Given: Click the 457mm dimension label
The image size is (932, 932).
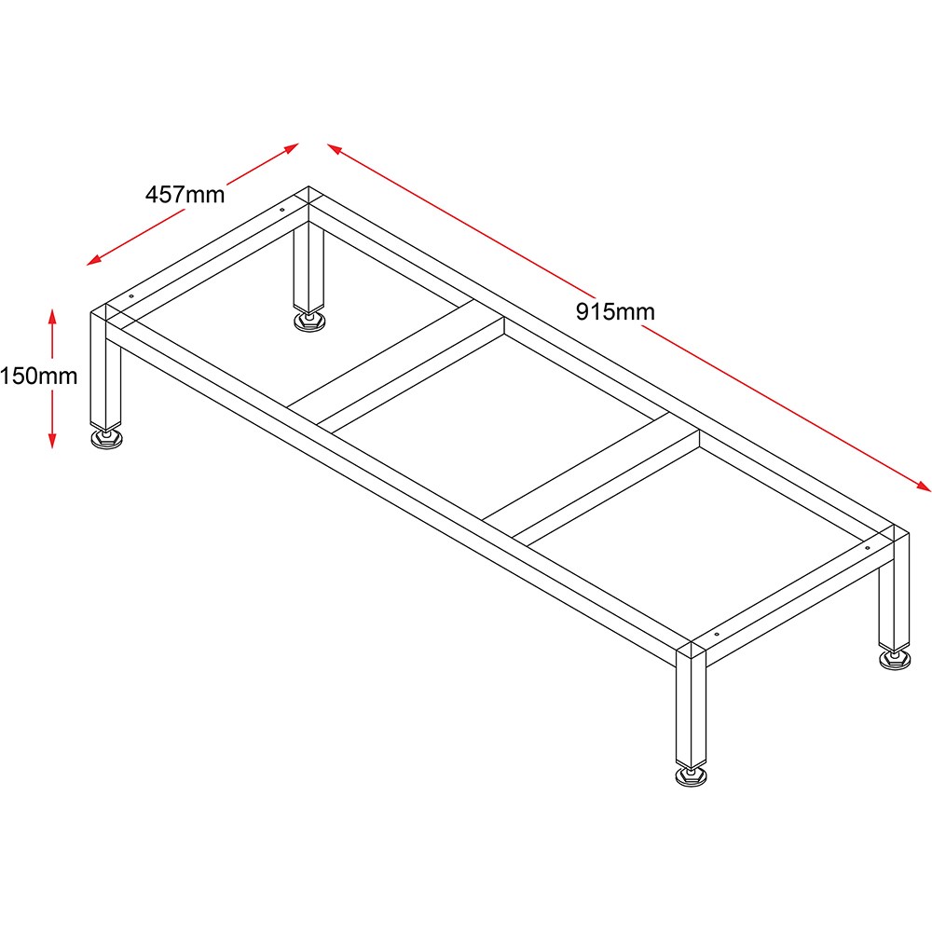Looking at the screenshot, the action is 185,195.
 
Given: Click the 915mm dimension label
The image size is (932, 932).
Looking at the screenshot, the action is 615,311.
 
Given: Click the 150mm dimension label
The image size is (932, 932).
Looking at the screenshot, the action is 38,376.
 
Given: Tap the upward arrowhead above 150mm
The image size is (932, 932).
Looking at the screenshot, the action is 52,317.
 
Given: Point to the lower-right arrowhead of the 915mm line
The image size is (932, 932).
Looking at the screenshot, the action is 923,486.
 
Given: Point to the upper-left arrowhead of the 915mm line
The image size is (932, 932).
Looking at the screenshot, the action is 335,148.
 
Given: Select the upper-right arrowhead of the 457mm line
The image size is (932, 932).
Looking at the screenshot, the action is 290,147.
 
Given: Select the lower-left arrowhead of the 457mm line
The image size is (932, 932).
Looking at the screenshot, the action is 95,260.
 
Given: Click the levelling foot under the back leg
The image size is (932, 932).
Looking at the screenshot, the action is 309,321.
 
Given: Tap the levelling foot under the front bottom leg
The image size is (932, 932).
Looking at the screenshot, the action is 692,775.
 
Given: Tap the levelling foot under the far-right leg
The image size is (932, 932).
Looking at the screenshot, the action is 895,659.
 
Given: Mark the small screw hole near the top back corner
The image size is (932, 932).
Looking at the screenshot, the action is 282,209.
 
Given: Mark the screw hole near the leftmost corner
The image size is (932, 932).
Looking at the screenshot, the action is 131,296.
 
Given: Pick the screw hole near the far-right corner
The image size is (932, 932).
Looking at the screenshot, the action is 867,547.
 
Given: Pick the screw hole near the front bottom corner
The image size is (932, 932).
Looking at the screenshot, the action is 716,634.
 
